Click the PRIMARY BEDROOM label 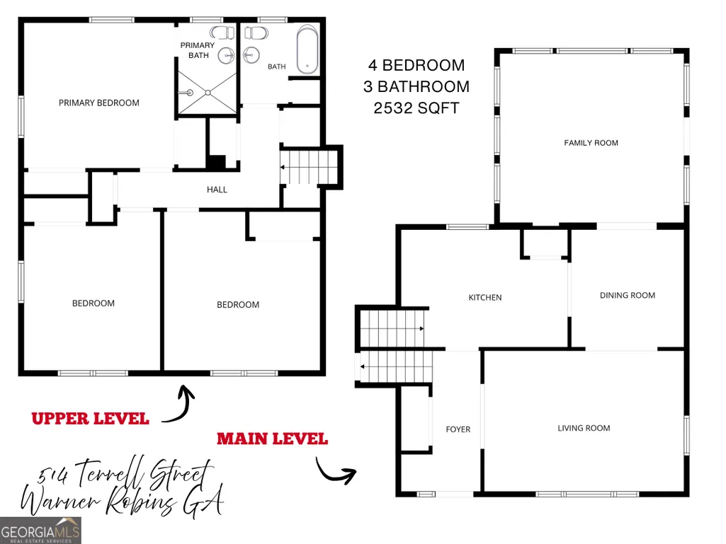pyautogui.click(x=98, y=103)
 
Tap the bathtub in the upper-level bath pyautogui.click(x=307, y=50)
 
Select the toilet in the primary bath pyautogui.click(x=222, y=33)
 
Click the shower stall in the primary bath pyautogui.click(x=208, y=93)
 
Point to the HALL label pyautogui.click(x=217, y=190)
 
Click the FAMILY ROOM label pyautogui.click(x=591, y=143)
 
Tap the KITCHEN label pyautogui.click(x=484, y=297)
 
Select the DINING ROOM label pyautogui.click(x=628, y=295)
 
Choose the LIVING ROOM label pyautogui.click(x=584, y=429)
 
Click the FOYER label pyautogui.click(x=458, y=429)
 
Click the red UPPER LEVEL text pyautogui.click(x=90, y=419)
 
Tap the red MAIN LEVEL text pyautogui.click(x=272, y=439)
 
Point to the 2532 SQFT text pyautogui.click(x=416, y=108)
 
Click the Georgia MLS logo pyautogui.click(x=41, y=530)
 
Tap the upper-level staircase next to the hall pyautogui.click(x=308, y=167)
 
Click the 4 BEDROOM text pyautogui.click(x=416, y=65)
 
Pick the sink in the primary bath pyautogui.click(x=227, y=56)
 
